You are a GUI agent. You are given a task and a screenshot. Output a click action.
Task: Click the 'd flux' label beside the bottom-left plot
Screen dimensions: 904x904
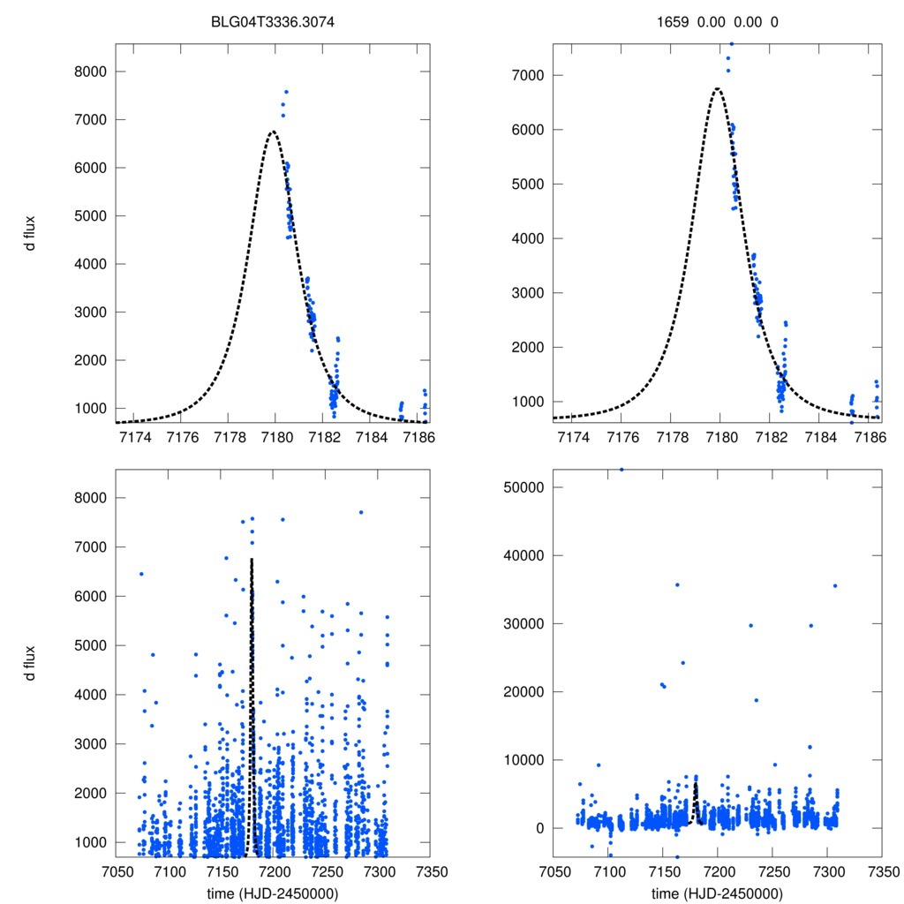(31, 663)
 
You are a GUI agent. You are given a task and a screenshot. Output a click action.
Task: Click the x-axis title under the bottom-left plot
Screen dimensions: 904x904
(272, 893)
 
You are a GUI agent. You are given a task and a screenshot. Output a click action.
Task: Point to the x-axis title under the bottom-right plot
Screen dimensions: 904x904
(717, 893)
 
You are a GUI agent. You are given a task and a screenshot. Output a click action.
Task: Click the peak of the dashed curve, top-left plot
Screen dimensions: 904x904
(272, 132)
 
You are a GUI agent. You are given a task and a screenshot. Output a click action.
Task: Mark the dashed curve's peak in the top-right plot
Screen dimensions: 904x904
(718, 88)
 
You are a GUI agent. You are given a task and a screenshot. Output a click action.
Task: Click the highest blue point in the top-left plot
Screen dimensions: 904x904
(286, 92)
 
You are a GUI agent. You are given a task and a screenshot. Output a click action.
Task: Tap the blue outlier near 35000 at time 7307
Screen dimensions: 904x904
(834, 586)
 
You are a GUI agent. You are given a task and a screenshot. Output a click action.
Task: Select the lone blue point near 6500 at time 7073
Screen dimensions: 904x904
(140, 574)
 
